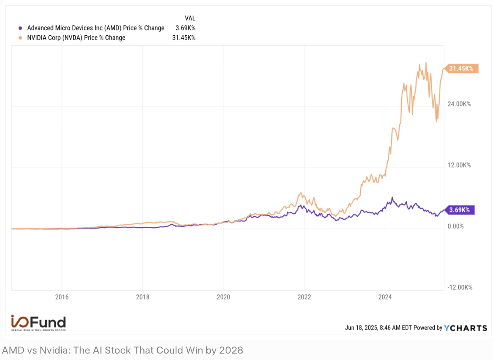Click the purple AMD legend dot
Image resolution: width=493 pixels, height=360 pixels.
click(x=20, y=28)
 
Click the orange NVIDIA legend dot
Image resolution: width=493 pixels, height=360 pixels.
click(x=20, y=38)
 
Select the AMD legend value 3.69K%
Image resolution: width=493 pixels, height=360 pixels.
click(x=185, y=28)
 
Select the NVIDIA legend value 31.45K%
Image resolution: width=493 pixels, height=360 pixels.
click(x=184, y=38)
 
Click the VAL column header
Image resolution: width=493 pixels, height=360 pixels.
click(x=190, y=18)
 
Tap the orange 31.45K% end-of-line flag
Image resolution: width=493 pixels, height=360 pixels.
click(x=461, y=69)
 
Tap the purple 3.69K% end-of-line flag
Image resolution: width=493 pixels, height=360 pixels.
click(x=459, y=210)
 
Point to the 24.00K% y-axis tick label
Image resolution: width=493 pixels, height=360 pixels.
click(x=459, y=104)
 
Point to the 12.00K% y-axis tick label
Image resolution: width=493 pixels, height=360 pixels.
click(x=459, y=165)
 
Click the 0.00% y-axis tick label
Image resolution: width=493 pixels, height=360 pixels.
click(x=455, y=227)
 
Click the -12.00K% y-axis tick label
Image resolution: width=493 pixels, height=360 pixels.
click(x=460, y=288)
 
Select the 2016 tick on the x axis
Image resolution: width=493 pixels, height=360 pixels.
click(x=62, y=297)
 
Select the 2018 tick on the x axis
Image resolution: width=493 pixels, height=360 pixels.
click(x=143, y=297)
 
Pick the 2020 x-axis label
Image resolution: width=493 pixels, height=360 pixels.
click(x=223, y=297)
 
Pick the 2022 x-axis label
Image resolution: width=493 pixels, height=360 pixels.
click(x=304, y=297)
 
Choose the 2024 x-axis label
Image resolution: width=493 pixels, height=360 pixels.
click(x=385, y=297)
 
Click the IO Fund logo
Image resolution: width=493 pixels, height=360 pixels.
click(x=38, y=323)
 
